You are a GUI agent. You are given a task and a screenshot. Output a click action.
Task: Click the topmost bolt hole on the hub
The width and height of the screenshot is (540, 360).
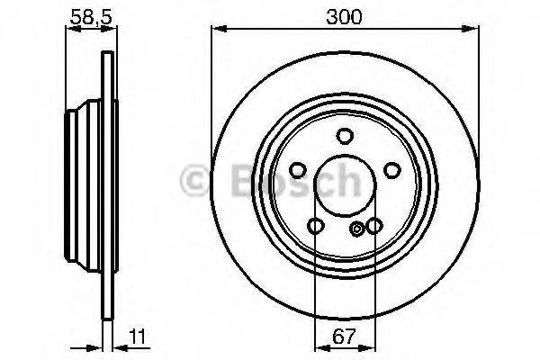tap(344, 136)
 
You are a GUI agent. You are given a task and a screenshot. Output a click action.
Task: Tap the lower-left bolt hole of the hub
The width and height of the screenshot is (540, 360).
tap(314, 226)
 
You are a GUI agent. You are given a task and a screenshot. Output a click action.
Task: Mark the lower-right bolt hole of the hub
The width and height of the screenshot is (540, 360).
tap(373, 226)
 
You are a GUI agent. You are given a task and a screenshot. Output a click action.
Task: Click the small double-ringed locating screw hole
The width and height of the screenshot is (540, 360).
tap(358, 228)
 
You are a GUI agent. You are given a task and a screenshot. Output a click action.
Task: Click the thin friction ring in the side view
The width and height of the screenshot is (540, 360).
tap(109, 180)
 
